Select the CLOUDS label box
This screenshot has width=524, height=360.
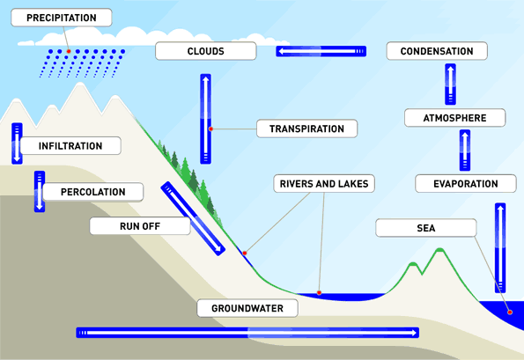pos(205,51)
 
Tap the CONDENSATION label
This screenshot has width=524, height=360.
pos(436,51)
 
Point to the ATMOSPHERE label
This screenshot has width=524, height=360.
pos(454,118)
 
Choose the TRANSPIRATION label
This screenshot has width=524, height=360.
pos(306,129)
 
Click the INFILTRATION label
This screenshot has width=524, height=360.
pos(70,146)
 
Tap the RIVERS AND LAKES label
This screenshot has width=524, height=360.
pos(323,184)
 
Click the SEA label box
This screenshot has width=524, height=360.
pos(425,228)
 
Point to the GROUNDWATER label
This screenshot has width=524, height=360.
pos(247,308)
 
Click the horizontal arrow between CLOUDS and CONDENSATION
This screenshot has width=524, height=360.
pos(320,52)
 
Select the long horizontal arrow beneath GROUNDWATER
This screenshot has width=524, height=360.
pos(247,332)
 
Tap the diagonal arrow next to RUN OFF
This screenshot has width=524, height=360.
pos(193,218)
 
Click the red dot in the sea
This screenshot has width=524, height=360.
pos(509,312)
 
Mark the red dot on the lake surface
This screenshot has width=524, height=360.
pos(320,292)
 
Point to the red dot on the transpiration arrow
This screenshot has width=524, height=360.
pos(211,129)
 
